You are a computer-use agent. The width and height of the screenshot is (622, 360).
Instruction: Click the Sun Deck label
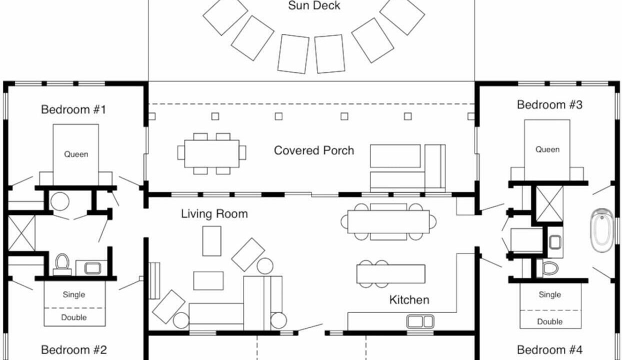coord(314,5)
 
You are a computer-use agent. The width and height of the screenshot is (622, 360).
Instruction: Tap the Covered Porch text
coord(314,150)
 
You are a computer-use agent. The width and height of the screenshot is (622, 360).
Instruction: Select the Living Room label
coord(214,214)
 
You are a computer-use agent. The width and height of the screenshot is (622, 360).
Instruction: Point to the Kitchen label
coord(409,300)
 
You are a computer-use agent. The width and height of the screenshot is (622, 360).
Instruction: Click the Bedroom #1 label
coord(73,109)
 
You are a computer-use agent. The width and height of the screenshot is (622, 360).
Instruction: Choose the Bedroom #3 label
coord(549,104)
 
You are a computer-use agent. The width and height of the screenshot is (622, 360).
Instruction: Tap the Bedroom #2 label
coord(74,350)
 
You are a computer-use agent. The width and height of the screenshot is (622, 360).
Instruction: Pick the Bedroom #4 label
coord(549,350)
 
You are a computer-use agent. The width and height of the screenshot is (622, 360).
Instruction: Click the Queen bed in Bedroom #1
coord(76,154)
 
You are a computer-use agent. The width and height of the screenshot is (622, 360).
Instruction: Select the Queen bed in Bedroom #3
coord(547,150)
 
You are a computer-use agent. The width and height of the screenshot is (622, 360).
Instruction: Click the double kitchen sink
coord(420,321)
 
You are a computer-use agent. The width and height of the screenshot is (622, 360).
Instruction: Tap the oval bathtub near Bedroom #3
coord(602,231)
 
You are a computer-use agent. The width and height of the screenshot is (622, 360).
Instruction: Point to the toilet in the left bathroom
coord(62,264)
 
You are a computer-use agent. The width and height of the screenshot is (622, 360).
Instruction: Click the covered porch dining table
coord(211,153)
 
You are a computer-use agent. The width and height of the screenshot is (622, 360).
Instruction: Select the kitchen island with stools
coord(390,274)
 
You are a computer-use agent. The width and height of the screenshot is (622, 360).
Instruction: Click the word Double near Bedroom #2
coord(74,317)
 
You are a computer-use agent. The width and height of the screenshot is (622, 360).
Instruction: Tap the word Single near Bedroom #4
coord(550,294)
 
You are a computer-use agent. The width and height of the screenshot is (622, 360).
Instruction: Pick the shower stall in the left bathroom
coord(21,233)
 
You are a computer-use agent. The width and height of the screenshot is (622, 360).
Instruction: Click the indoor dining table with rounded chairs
coord(388,221)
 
